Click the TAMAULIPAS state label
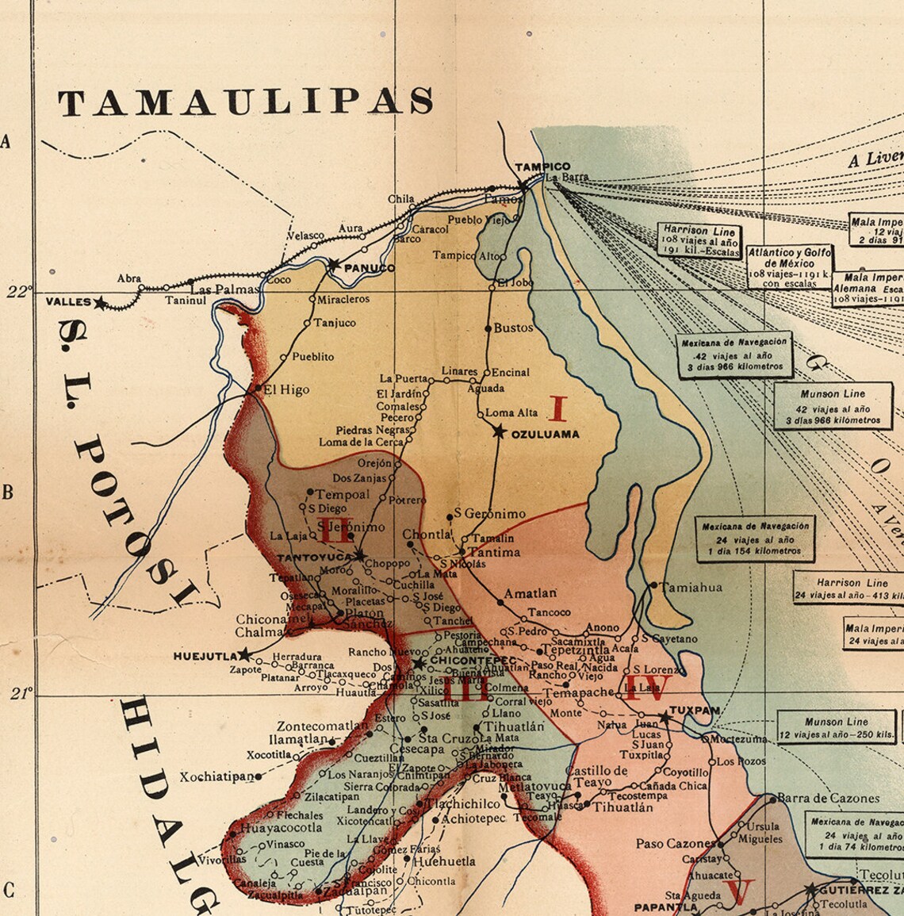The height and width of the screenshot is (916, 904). click(x=246, y=102)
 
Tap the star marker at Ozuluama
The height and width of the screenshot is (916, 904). click(x=499, y=431)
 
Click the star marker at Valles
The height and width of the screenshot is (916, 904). click(x=100, y=302)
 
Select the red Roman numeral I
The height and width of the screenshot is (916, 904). click(x=558, y=409)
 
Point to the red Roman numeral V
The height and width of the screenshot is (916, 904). click(x=739, y=892)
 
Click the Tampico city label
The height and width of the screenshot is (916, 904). click(x=542, y=167)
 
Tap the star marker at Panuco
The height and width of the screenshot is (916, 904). click(x=334, y=264)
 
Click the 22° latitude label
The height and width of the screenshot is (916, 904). click(x=17, y=291)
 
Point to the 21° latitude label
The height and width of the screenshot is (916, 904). click(x=21, y=694)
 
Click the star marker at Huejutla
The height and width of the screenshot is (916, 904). click(x=244, y=654)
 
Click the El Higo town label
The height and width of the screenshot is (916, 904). click(x=286, y=389)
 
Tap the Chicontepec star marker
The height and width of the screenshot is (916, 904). click(x=419, y=662)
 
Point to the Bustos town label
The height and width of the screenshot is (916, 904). click(x=513, y=328)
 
